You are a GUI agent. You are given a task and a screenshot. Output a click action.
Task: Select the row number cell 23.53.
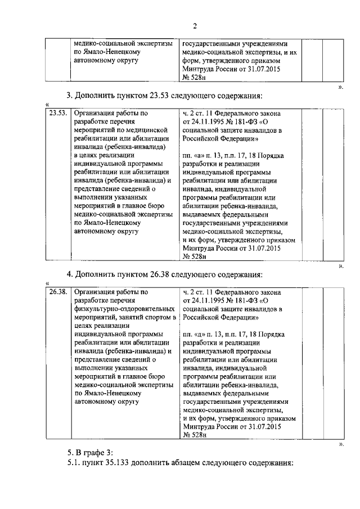tap(57, 113)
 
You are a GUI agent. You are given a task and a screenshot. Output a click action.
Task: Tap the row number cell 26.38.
tap(57, 292)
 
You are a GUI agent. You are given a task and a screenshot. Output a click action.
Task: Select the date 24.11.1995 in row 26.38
tap(212, 300)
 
